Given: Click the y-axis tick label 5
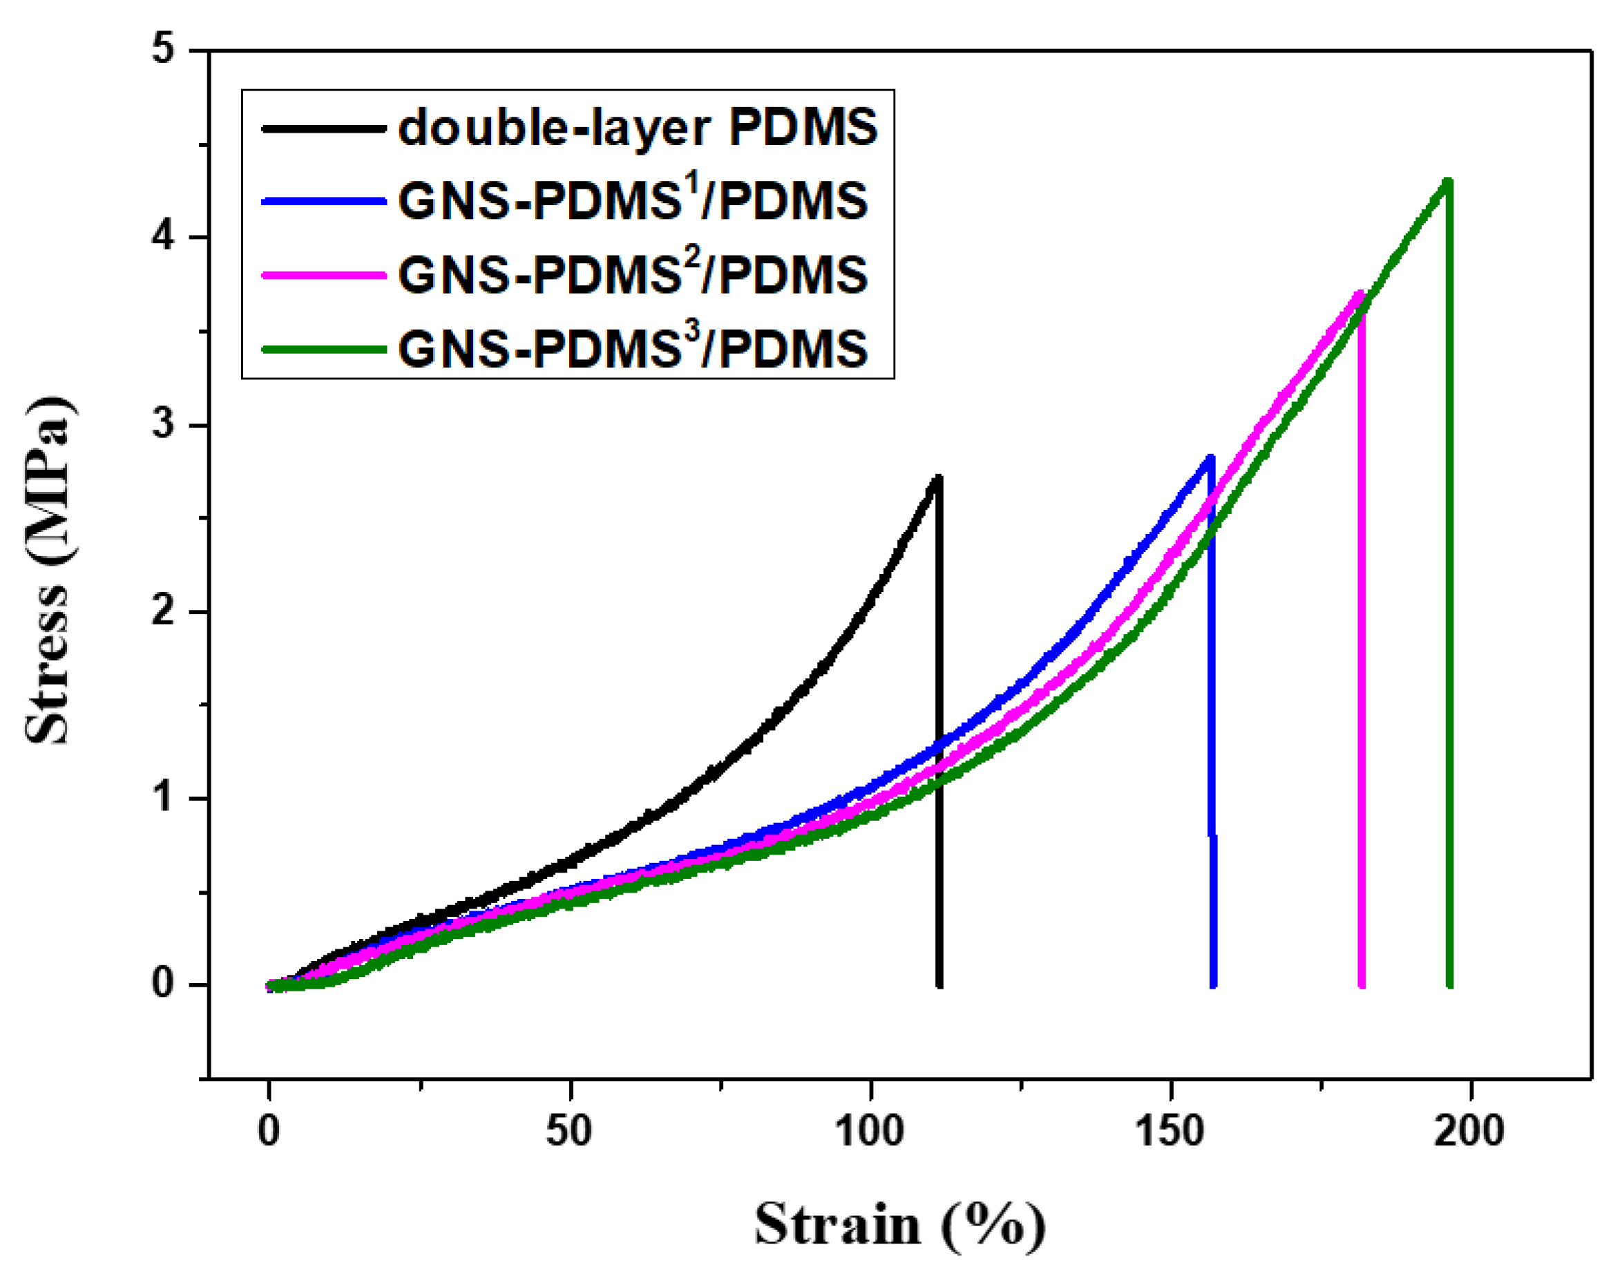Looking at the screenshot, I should tap(162, 50).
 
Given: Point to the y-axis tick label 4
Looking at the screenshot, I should tap(162, 237).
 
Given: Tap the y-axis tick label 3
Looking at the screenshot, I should tap(162, 424).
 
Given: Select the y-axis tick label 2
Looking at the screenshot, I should tap(162, 611).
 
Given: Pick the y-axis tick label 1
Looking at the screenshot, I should tap(162, 798).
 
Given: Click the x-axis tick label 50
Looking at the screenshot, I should tap(569, 1131).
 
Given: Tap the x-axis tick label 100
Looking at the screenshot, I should tap(870, 1131).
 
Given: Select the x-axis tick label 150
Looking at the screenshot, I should tap(1170, 1131).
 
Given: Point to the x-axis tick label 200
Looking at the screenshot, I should tap(1469, 1131).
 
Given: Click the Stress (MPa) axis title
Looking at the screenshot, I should tap(48, 571).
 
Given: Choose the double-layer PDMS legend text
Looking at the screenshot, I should tap(638, 129).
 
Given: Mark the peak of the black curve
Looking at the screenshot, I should tap(937, 477).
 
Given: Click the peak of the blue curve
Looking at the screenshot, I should tap(1210, 457).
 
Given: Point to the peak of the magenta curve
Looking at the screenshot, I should tap(1360, 293).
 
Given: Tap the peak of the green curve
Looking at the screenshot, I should tap(1447, 180).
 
